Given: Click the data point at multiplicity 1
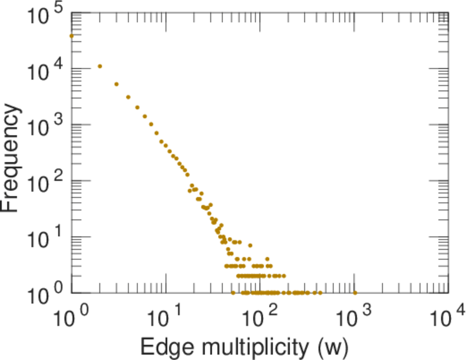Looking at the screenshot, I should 71,35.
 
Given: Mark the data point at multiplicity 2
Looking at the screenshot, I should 100,66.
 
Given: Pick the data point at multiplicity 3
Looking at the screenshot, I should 116,84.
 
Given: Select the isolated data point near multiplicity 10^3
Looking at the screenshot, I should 354,293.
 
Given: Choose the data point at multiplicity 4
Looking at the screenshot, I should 128,97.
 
